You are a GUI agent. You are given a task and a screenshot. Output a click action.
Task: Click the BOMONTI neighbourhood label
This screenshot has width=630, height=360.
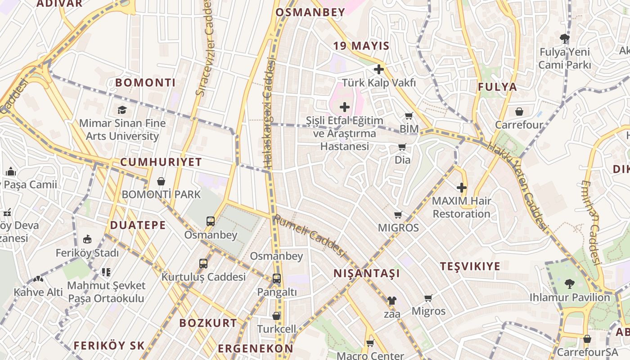pos(145,83)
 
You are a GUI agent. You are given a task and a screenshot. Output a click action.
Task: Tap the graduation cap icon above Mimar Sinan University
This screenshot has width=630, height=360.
pos(122,110)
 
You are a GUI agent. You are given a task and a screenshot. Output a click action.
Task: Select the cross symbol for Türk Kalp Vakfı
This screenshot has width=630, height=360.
pos(379,69)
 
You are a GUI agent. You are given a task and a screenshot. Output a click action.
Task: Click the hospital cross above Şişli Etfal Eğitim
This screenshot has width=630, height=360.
pos(345,107)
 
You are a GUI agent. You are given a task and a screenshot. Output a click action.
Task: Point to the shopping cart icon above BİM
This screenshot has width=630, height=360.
pos(409,116)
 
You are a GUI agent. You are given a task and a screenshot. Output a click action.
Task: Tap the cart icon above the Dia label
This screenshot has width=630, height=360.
pos(402,147)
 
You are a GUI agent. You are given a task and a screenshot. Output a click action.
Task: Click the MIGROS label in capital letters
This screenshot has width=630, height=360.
pos(398,228)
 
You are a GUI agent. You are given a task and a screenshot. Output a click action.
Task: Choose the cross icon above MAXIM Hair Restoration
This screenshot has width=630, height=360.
pos(462,188)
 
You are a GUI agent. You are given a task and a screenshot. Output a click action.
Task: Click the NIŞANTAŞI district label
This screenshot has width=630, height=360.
pos(366,273)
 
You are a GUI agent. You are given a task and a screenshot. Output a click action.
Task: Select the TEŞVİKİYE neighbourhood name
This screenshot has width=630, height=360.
pos(470,266)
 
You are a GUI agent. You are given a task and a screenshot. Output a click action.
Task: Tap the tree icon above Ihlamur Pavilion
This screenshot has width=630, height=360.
pos(570,284)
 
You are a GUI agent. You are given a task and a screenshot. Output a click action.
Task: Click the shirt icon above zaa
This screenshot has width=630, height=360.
pos(392,300)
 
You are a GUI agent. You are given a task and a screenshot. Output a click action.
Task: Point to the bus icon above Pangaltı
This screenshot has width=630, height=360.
pos(277,279)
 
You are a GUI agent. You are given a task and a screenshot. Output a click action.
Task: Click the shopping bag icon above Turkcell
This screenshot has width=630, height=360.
pos(276,316)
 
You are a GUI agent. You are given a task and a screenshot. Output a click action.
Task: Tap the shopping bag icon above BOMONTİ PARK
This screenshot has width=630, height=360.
pos(161,181)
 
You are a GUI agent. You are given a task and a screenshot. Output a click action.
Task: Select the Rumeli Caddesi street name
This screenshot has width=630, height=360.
pos(309,236)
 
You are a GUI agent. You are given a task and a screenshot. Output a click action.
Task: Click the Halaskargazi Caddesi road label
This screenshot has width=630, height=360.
pos(269,115)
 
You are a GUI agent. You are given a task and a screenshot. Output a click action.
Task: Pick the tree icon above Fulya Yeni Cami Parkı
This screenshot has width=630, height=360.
pos(564,39)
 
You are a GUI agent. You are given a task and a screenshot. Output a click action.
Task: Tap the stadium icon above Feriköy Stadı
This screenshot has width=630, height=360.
pos(87,239)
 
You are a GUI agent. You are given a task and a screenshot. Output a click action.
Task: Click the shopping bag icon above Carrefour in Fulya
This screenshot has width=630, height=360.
pos(519,111)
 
